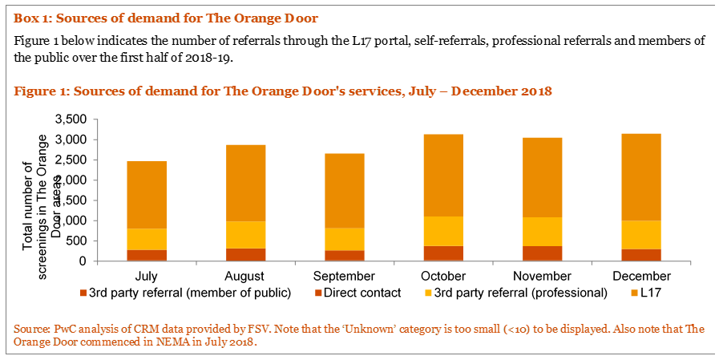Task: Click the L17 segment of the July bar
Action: [x=147, y=195]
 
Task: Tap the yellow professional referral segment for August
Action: [x=245, y=234]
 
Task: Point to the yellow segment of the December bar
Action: [x=641, y=234]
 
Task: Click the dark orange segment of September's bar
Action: [x=345, y=255]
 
